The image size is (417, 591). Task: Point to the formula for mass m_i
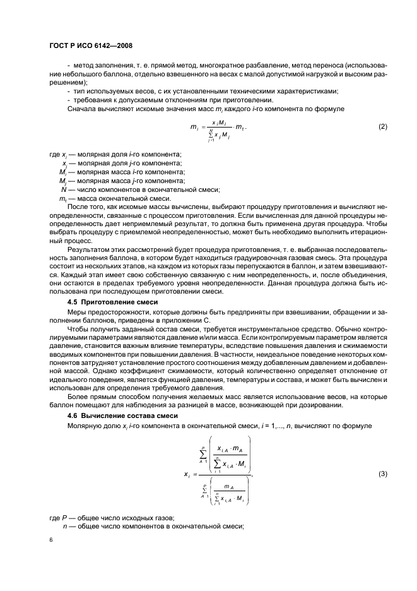coord(218,128)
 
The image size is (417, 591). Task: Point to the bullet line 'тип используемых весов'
coord(202,90)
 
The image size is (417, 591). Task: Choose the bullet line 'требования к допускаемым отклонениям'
coord(170,99)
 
